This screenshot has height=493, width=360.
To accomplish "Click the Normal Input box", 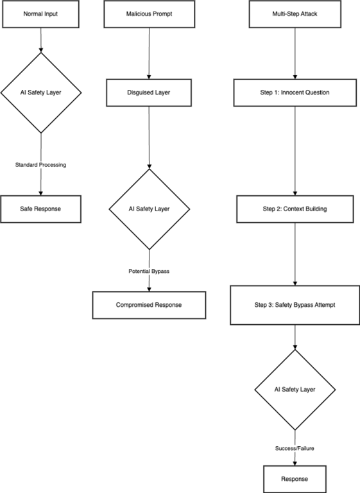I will (x=41, y=13).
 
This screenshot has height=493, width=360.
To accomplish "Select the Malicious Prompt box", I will (x=149, y=13).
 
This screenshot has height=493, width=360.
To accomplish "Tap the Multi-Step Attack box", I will (x=295, y=13).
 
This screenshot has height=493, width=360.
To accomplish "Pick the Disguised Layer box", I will (x=149, y=92).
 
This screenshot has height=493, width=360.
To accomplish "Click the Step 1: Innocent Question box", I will (x=295, y=92).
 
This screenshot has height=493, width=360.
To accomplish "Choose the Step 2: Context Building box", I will (x=295, y=209).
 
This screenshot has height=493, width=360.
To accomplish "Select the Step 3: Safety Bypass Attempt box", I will (x=295, y=305).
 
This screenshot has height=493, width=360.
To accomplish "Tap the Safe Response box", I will (x=41, y=209).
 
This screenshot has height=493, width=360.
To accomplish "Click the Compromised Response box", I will (x=149, y=305).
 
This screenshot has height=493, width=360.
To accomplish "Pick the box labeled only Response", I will (x=295, y=479).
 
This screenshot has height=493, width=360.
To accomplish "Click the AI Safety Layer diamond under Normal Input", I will (x=41, y=92).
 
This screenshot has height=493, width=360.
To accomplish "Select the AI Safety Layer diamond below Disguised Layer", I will (x=149, y=209).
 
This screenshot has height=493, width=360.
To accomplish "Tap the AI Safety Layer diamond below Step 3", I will (x=295, y=390).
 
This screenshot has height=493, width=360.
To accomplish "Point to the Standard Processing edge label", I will (x=41, y=165).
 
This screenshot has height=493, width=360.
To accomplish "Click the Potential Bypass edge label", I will (x=149, y=271).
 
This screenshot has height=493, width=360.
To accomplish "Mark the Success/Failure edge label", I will (x=295, y=448).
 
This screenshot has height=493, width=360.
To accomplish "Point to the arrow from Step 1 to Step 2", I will (x=295, y=151).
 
